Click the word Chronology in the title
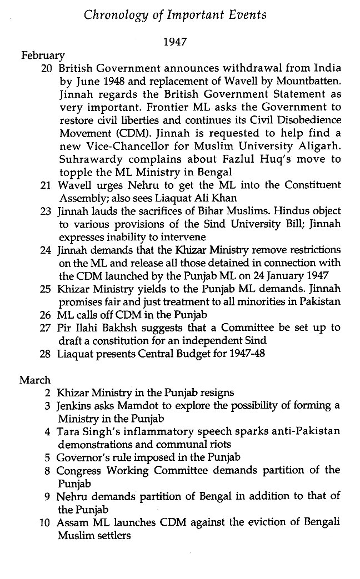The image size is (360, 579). pos(116,15)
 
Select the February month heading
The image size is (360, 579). pos(43,56)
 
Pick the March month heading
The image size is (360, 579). pos(35,380)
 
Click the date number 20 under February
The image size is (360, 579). pos(47,68)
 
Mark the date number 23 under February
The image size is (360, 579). pos(47,212)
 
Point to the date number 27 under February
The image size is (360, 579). pos(47,327)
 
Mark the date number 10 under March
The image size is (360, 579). pos(47,523)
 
